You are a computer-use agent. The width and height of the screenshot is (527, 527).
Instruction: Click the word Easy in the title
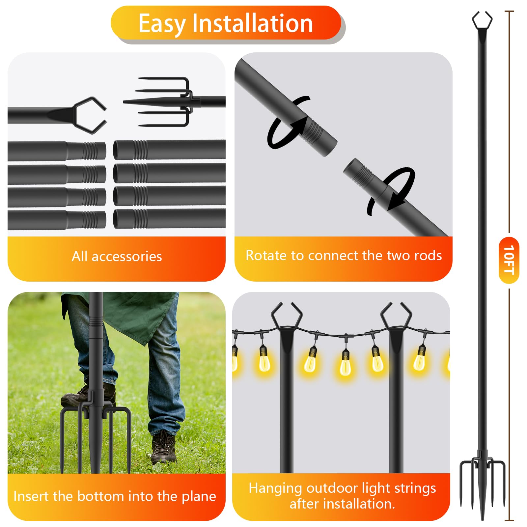tap(161, 24)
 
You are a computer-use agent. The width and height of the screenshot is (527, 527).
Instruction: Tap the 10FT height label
tap(509, 260)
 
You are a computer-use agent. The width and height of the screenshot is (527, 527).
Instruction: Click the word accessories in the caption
tap(127, 257)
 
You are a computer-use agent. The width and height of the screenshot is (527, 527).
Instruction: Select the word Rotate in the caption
tap(266, 256)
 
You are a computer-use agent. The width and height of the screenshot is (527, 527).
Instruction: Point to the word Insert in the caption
tap(31, 496)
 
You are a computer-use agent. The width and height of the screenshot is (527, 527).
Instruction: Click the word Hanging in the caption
tap(275, 488)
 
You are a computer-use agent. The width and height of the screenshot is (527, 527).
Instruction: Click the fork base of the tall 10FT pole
tap(482, 484)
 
